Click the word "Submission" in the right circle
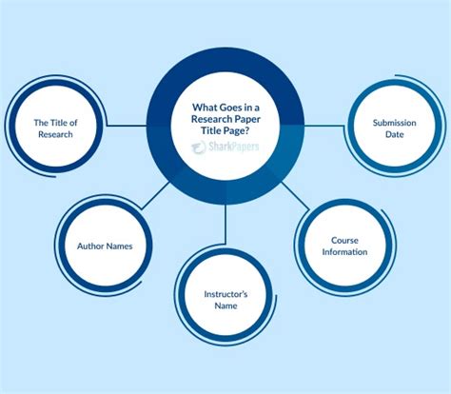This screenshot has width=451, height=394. (394, 123)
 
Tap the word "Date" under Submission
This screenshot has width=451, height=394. (395, 134)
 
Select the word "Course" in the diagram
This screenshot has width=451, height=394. (344, 240)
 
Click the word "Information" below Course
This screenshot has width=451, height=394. (344, 252)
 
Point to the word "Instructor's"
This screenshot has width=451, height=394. (225, 294)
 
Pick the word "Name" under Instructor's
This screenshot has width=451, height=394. (225, 305)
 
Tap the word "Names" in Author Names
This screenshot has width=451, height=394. (119, 246)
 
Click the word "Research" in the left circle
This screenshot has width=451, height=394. (55, 134)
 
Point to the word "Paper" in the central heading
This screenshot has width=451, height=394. (245, 119)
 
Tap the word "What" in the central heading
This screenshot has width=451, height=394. (205, 108)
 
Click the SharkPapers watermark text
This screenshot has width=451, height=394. (234, 147)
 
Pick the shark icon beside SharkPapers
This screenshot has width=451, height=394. (199, 148)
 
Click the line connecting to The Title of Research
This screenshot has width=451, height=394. (127, 126)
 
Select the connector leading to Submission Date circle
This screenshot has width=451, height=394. (324, 126)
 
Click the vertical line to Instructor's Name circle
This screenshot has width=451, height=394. (225, 224)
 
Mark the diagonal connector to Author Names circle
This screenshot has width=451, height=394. (156, 195)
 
